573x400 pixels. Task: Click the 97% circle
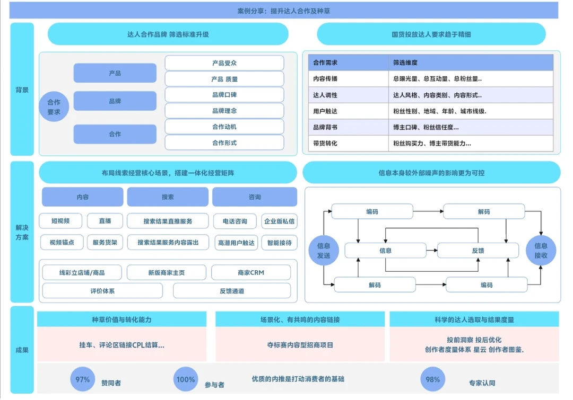(83, 379)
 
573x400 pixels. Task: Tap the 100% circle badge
(186, 379)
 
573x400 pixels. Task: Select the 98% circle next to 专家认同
(433, 379)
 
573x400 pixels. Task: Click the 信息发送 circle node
(323, 250)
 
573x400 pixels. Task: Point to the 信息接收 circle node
(541, 250)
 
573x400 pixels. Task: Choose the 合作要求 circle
(54, 107)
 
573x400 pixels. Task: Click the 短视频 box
(61, 221)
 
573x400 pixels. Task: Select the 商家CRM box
(251, 272)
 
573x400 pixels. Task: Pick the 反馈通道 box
(232, 290)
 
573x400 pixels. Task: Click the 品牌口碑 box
(224, 95)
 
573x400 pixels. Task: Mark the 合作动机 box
(224, 127)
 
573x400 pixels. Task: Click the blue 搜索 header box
(168, 197)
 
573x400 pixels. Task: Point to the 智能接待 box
(280, 243)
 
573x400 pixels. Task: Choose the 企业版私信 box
(280, 221)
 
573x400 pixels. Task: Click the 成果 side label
(22, 350)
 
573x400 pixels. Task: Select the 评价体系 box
(102, 290)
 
